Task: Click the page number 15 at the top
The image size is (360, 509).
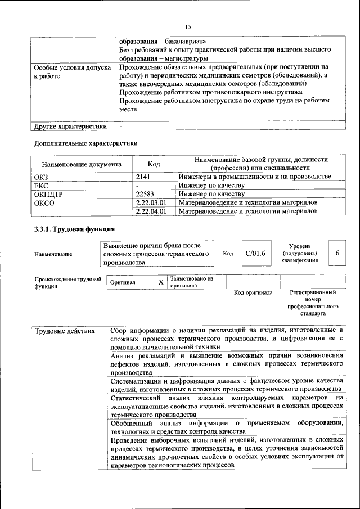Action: coord(188,26)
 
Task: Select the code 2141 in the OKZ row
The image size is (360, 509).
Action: coord(145,177)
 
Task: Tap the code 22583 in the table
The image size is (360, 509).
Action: coord(146,194)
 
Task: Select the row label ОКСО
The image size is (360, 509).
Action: coord(44,202)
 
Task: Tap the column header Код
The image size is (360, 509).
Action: coord(154,164)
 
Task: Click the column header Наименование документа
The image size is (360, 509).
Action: coord(82,165)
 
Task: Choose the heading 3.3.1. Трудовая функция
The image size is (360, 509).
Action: coord(75,229)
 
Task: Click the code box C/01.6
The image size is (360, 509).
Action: coord(255,254)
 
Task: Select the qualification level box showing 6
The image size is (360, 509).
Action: coord(337,254)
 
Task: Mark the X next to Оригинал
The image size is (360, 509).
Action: coord(161,282)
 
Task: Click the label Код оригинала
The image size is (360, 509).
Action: coord(253,293)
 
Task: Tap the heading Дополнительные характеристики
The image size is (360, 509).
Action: coord(86,143)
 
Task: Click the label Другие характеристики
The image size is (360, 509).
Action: coord(70,127)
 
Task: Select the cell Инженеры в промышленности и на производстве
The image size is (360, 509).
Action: coord(254,177)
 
